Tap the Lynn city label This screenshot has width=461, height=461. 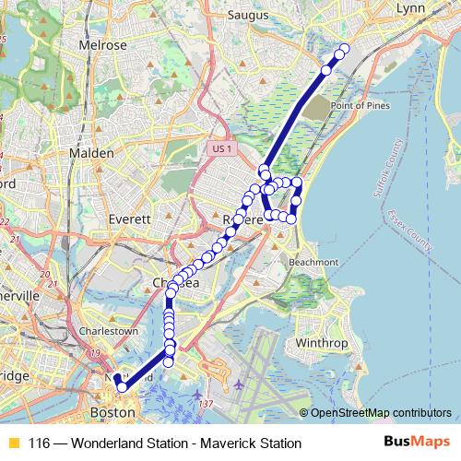408,8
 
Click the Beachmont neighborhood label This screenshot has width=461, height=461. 313,262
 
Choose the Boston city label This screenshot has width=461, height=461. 112,412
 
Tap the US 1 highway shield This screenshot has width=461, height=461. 219,148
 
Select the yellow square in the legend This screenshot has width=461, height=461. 13,443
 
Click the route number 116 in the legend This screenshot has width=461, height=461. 39,443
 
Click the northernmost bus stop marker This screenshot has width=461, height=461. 346,49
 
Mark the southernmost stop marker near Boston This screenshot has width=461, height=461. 123,387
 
